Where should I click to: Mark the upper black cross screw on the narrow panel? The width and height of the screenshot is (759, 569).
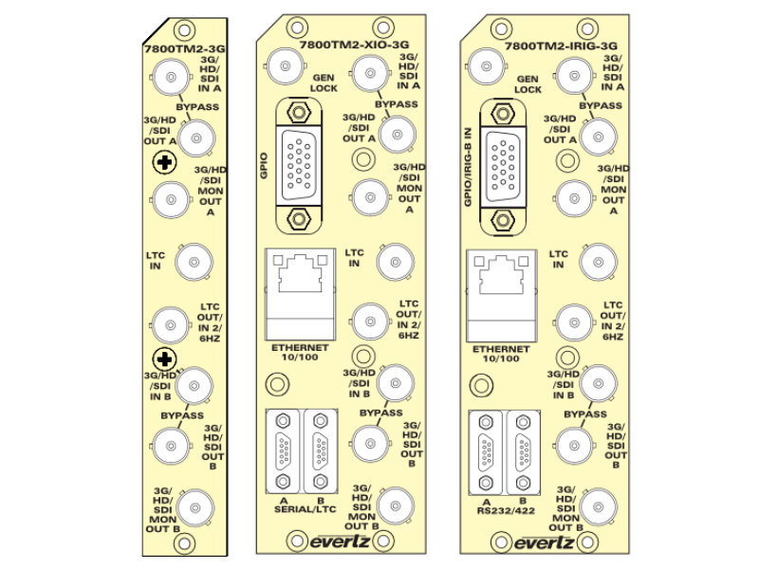167,163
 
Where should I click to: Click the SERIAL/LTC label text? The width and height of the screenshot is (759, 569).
301,509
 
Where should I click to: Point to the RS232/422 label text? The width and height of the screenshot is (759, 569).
504,509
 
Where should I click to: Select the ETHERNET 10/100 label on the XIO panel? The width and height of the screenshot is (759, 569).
300,353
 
